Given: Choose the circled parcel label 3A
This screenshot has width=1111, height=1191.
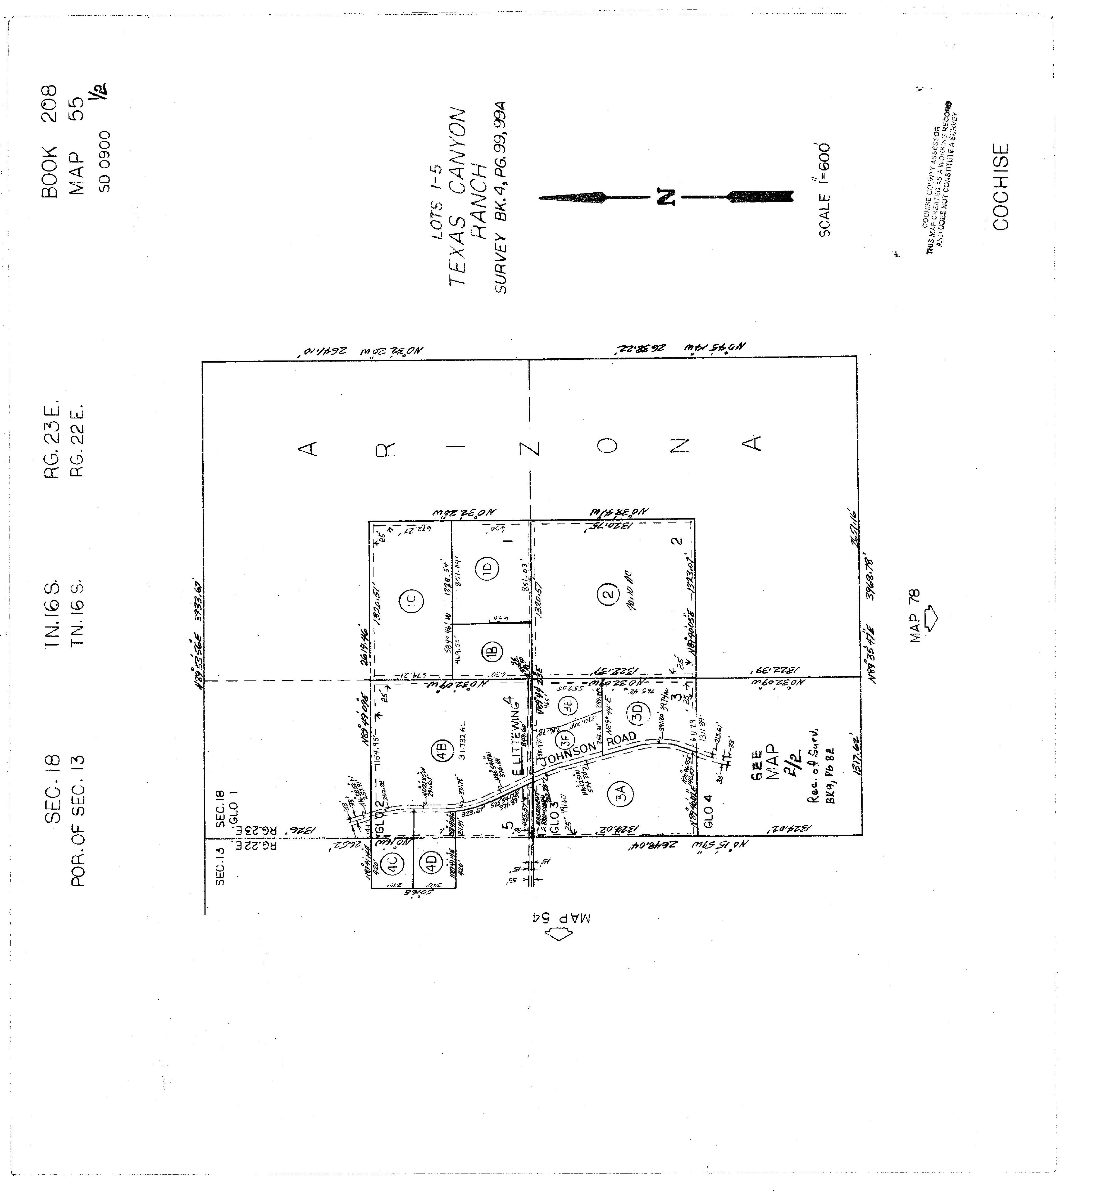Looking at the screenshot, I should tap(622, 794).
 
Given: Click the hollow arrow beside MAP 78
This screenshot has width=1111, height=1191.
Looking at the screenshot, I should tap(930, 618).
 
